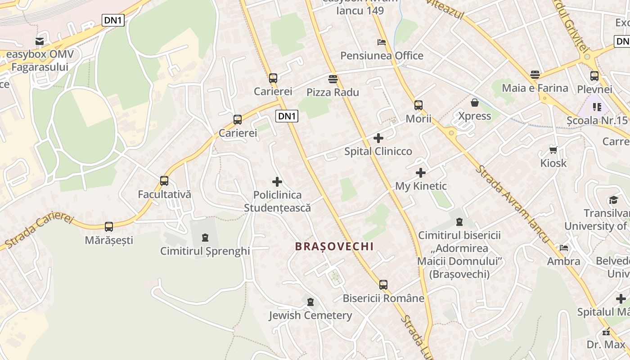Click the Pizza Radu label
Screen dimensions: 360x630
click(333, 92)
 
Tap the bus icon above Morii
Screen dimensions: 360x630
click(418, 105)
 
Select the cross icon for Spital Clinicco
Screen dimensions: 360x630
click(378, 138)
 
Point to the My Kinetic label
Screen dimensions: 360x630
click(421, 186)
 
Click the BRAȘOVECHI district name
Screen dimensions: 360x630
click(334, 246)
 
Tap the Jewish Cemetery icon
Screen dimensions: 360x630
click(310, 302)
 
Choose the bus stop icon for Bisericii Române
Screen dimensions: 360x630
click(383, 284)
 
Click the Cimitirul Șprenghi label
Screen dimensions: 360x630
click(205, 251)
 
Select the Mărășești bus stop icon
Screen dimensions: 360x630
click(109, 226)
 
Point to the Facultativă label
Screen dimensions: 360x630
click(164, 194)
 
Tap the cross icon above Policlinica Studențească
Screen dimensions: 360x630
click(277, 182)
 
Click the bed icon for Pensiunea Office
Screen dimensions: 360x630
click(382, 42)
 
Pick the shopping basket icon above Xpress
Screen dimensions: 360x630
click(474, 103)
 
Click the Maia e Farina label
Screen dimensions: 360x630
click(535, 88)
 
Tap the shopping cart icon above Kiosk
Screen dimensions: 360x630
click(553, 150)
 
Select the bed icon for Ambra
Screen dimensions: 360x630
click(563, 248)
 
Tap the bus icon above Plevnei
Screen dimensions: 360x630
click(594, 76)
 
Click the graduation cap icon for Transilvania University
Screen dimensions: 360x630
click(613, 200)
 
